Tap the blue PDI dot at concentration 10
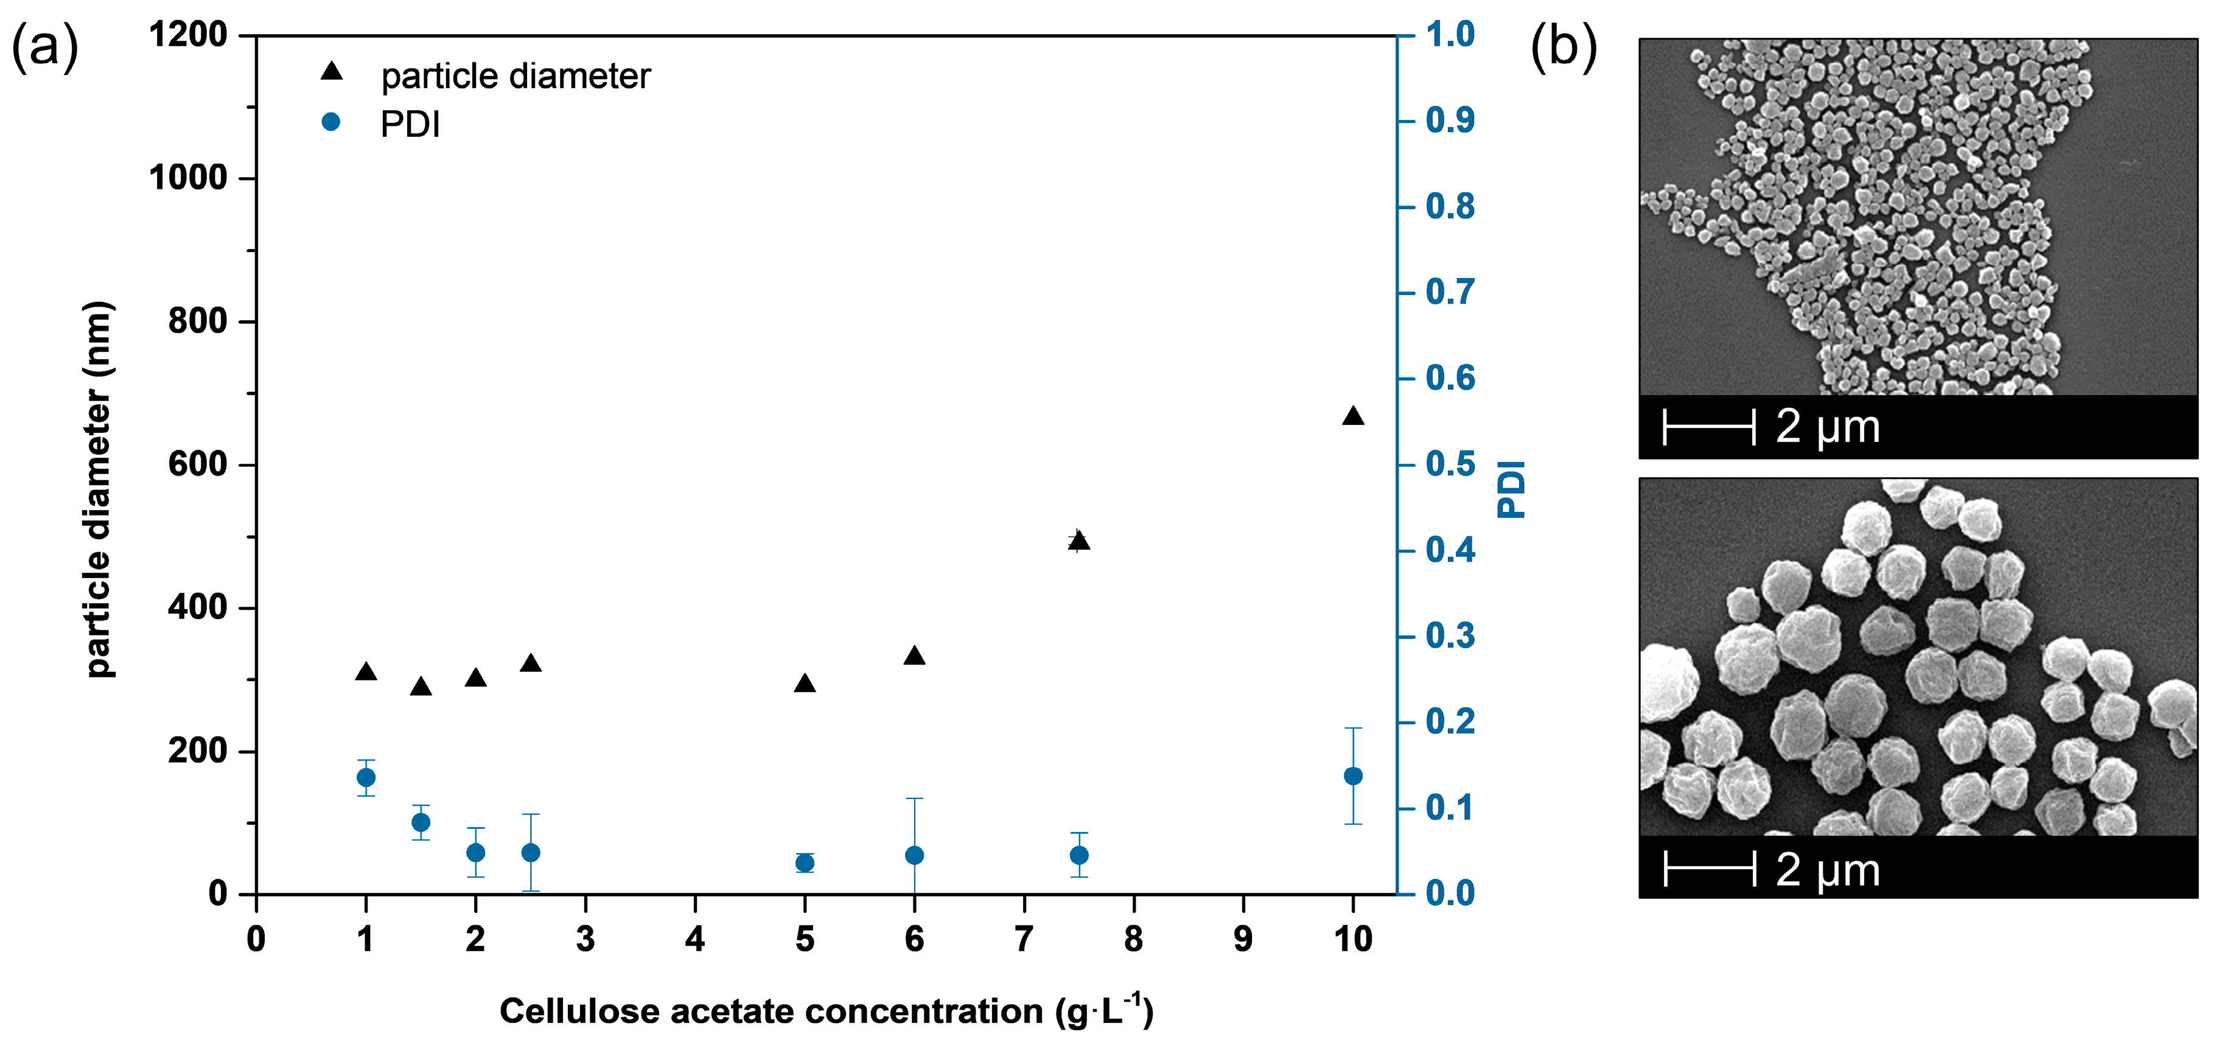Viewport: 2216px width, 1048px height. click(1352, 776)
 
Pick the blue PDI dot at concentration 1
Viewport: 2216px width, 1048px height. click(366, 778)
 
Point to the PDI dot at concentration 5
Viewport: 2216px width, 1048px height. click(805, 863)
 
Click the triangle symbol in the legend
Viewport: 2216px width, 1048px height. click(331, 72)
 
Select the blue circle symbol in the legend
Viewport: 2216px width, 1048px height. click(330, 122)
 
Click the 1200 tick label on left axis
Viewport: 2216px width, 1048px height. click(187, 35)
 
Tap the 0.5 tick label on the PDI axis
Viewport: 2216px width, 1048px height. click(1450, 464)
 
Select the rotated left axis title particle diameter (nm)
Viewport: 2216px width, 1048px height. click(100, 489)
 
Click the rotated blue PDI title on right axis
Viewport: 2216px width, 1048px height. click(1511, 489)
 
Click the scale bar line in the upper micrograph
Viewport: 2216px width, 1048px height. click(1708, 428)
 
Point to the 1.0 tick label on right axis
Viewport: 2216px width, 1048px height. click(1450, 35)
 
